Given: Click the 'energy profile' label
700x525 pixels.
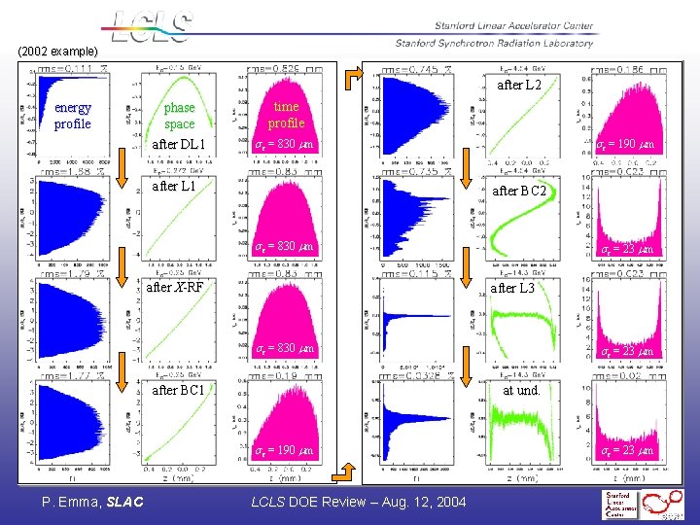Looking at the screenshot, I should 73,116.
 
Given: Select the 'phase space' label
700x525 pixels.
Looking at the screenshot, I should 179,116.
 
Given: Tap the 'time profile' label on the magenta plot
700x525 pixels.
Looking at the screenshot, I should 287,115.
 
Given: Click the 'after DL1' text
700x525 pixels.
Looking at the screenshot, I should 179,145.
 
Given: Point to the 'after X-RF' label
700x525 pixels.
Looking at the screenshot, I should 175,287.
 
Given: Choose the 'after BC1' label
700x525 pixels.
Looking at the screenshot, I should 178,390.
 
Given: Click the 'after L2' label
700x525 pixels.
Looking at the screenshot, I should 519,86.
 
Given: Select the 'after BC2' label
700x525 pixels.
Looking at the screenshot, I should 518,191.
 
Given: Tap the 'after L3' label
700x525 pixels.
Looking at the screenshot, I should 512,288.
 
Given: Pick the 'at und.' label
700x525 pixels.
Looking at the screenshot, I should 520,390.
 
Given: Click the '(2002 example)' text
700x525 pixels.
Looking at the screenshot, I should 57,51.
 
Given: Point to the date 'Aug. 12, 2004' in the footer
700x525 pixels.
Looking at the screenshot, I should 422,502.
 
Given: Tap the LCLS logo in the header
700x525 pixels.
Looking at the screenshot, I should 151,26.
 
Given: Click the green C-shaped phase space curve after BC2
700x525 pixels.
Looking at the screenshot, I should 525,238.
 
